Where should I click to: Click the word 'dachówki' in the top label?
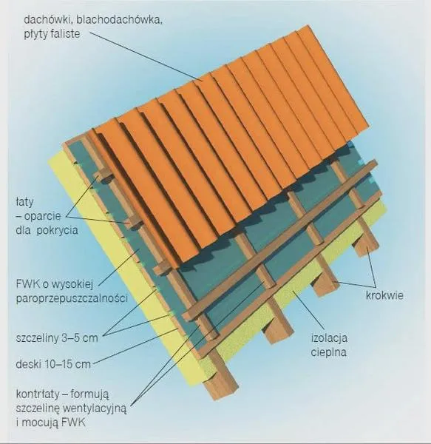tap(48, 20)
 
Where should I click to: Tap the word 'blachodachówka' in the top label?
tap(119, 20)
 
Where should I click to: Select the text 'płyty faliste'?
tap(52, 34)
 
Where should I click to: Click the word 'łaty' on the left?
tap(24, 202)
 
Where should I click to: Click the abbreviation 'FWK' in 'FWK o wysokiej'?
tap(27, 284)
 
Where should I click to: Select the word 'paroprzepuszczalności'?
tap(72, 298)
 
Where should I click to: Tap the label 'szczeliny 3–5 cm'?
tap(57, 338)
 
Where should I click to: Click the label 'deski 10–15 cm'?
tap(53, 364)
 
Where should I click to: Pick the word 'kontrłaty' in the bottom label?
tap(38, 394)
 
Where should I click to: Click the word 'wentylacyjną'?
tap(95, 409)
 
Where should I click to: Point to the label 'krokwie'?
tap(384, 295)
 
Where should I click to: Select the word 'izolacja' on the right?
tap(329, 338)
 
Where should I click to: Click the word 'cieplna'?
tap(329, 353)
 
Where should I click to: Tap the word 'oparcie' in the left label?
tap(42, 217)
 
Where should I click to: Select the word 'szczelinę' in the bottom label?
tap(38, 409)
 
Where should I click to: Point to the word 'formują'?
tap(89, 394)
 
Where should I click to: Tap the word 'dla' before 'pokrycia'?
tap(23, 230)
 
